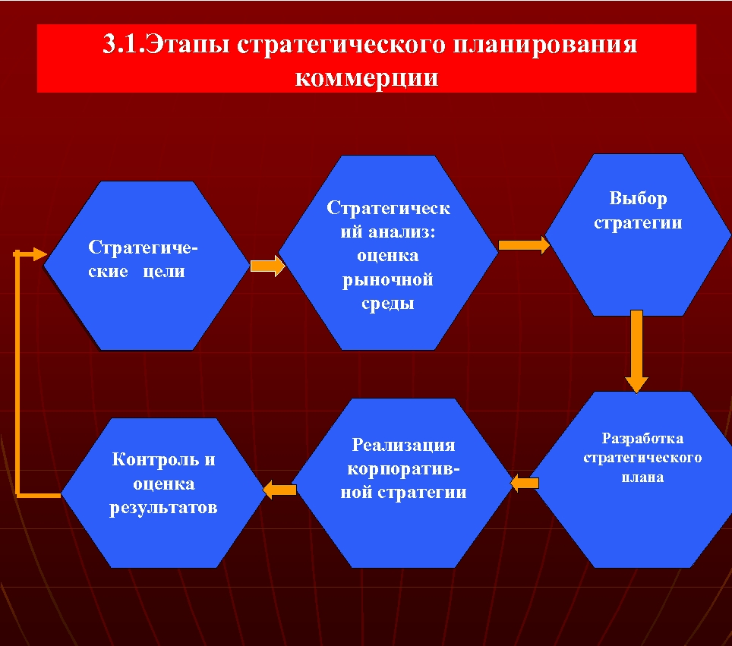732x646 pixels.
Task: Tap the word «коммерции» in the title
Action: tap(367, 77)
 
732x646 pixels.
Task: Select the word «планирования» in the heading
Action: tap(544, 45)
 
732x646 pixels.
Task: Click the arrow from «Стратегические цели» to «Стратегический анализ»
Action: tap(267, 266)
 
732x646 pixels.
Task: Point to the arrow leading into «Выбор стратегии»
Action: tap(523, 244)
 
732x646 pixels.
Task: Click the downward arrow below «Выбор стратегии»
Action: tap(636, 349)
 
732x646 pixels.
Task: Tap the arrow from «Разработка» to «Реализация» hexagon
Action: tap(525, 482)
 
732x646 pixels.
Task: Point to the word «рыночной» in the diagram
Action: tap(387, 280)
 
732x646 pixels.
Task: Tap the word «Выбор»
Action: tap(638, 199)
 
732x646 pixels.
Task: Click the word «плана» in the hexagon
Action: tap(642, 477)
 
